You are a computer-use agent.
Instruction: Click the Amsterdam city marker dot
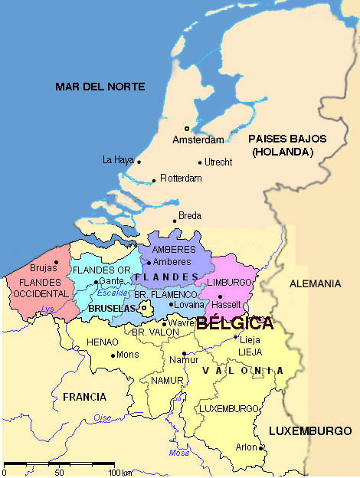(185, 129)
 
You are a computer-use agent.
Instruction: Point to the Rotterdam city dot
(154, 181)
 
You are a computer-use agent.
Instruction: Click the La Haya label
(117, 160)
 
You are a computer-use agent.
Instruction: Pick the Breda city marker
(175, 221)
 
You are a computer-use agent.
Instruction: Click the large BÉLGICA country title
(234, 322)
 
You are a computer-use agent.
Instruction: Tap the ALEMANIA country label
(315, 283)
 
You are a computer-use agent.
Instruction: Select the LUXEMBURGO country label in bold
(309, 431)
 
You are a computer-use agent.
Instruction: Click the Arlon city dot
(261, 447)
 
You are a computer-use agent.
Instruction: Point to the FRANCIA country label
(85, 397)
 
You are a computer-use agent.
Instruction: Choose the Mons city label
(127, 355)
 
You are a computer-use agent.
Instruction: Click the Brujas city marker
(56, 262)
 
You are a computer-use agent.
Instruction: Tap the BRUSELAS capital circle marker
(143, 308)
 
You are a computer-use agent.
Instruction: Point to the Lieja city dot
(235, 336)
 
